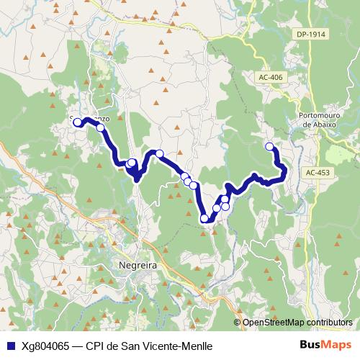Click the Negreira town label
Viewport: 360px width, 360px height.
tap(135, 265)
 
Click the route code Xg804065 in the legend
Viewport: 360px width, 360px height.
tap(46, 345)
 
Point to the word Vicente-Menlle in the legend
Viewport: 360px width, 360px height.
tap(180, 345)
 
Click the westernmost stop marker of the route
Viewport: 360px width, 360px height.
tap(78, 122)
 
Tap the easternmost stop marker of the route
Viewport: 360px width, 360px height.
tap(270, 147)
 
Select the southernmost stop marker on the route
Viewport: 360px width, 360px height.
tap(204, 217)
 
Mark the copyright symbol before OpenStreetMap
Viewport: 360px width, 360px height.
tap(238, 323)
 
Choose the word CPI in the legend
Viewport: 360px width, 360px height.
tap(96, 345)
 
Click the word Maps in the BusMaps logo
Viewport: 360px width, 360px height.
tap(338, 344)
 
